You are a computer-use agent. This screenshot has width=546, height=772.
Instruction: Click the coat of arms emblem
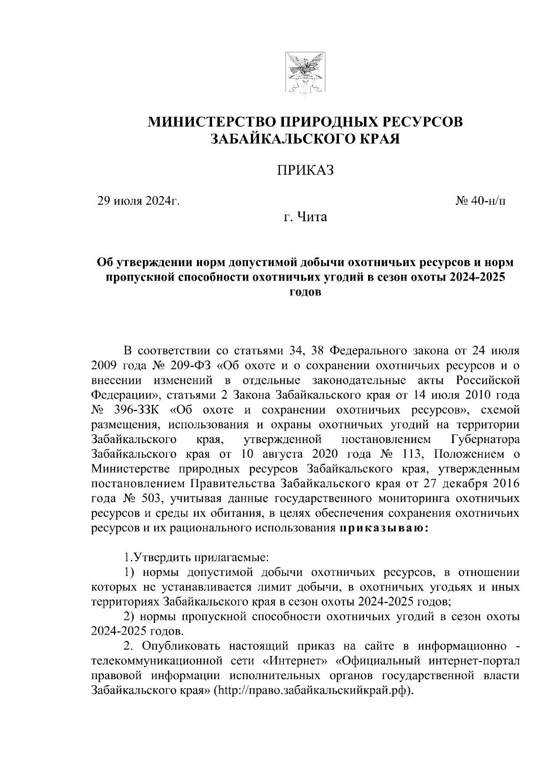click(301, 74)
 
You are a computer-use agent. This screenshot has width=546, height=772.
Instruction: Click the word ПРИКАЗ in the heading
click(306, 170)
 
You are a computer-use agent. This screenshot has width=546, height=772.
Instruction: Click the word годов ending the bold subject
click(305, 292)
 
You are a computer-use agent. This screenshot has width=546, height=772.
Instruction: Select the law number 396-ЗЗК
click(137, 409)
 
